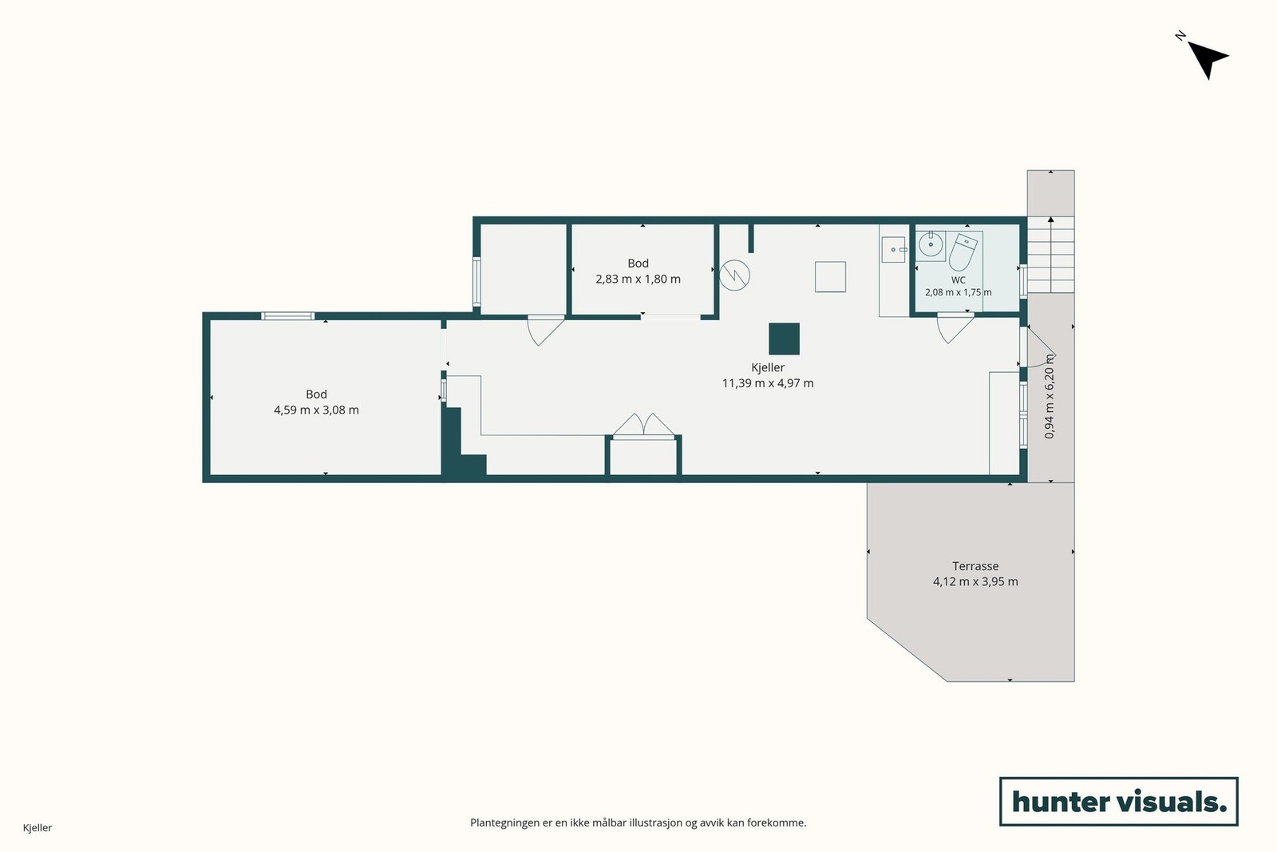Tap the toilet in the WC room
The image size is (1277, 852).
pos(963,252)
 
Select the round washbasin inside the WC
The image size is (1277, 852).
pos(931,244)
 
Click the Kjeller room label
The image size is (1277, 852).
pos(767,368)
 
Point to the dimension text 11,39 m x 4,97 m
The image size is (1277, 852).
pos(767,383)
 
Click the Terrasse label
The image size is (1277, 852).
pos(975,566)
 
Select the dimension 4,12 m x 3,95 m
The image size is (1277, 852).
pos(975,581)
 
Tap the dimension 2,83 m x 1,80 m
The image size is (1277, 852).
pos(638,279)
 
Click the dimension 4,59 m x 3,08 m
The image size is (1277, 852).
pos(316,410)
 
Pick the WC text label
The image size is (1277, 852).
pos(959,280)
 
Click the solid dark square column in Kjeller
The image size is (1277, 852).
pos(784,339)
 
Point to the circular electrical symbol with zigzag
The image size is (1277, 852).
pos(734,275)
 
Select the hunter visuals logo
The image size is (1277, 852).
pos(1118,801)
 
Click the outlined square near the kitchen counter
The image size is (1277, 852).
pos(830,276)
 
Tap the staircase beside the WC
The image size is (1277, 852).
pos(1050,255)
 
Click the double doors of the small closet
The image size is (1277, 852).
pos(643,425)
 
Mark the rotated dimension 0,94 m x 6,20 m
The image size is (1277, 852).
pos(1050,396)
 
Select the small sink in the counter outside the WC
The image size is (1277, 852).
pos(893,250)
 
